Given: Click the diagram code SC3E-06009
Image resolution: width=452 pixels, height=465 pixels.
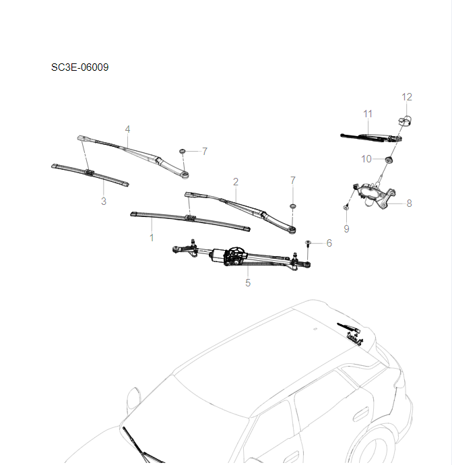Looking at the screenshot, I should click(x=79, y=67).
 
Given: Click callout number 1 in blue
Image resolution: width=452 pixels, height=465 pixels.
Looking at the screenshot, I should click(x=152, y=238).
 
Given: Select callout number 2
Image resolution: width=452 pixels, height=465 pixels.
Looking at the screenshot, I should click(x=236, y=182).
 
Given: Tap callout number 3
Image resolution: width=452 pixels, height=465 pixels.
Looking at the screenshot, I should click(x=103, y=201).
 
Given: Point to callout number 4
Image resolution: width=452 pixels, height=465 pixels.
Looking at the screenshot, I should click(x=127, y=129).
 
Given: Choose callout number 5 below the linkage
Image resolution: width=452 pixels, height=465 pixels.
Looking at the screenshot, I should click(x=248, y=283).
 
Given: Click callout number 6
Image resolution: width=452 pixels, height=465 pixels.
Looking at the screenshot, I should click(x=329, y=243).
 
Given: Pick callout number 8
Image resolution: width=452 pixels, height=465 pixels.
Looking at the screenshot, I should click(x=409, y=202).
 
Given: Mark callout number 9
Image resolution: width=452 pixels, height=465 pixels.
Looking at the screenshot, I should click(x=346, y=229).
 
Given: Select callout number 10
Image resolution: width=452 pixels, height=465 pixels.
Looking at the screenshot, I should click(x=366, y=159).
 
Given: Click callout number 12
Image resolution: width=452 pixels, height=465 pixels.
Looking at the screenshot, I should click(x=407, y=97).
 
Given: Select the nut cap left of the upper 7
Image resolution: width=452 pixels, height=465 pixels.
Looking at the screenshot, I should click(x=183, y=151).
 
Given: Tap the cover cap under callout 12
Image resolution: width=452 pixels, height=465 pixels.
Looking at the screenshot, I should click(x=406, y=121).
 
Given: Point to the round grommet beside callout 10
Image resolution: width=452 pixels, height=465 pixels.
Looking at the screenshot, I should click(x=389, y=160).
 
